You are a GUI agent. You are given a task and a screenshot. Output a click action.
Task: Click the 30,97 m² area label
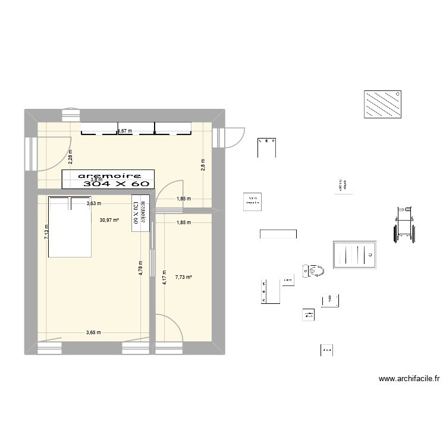[109, 219]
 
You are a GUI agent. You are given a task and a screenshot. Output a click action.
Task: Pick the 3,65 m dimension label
[93, 332]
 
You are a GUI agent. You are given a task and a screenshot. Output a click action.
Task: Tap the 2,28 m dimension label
[70, 156]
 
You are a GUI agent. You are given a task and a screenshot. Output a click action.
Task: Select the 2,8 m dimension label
[203, 164]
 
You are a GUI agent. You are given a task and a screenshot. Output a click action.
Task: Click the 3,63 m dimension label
[93, 203]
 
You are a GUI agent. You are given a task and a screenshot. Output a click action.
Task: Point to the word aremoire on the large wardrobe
[109, 175]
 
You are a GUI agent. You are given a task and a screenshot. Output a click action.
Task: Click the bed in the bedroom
[70, 227]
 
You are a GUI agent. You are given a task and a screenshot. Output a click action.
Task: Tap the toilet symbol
[313, 271]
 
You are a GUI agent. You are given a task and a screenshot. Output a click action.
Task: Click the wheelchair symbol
[404, 224]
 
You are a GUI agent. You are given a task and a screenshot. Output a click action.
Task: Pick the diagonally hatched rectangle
[382, 105]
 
